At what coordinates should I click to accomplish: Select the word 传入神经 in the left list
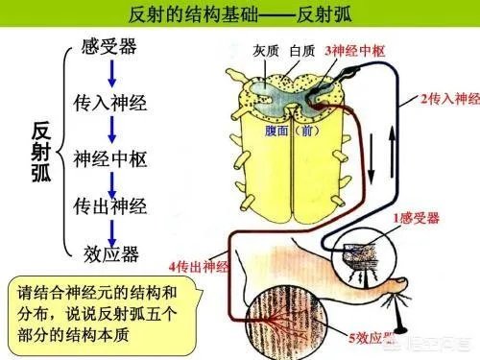[110, 101]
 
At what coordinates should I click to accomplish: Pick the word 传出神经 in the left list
[110, 204]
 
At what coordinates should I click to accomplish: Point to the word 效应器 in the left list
[110, 254]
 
